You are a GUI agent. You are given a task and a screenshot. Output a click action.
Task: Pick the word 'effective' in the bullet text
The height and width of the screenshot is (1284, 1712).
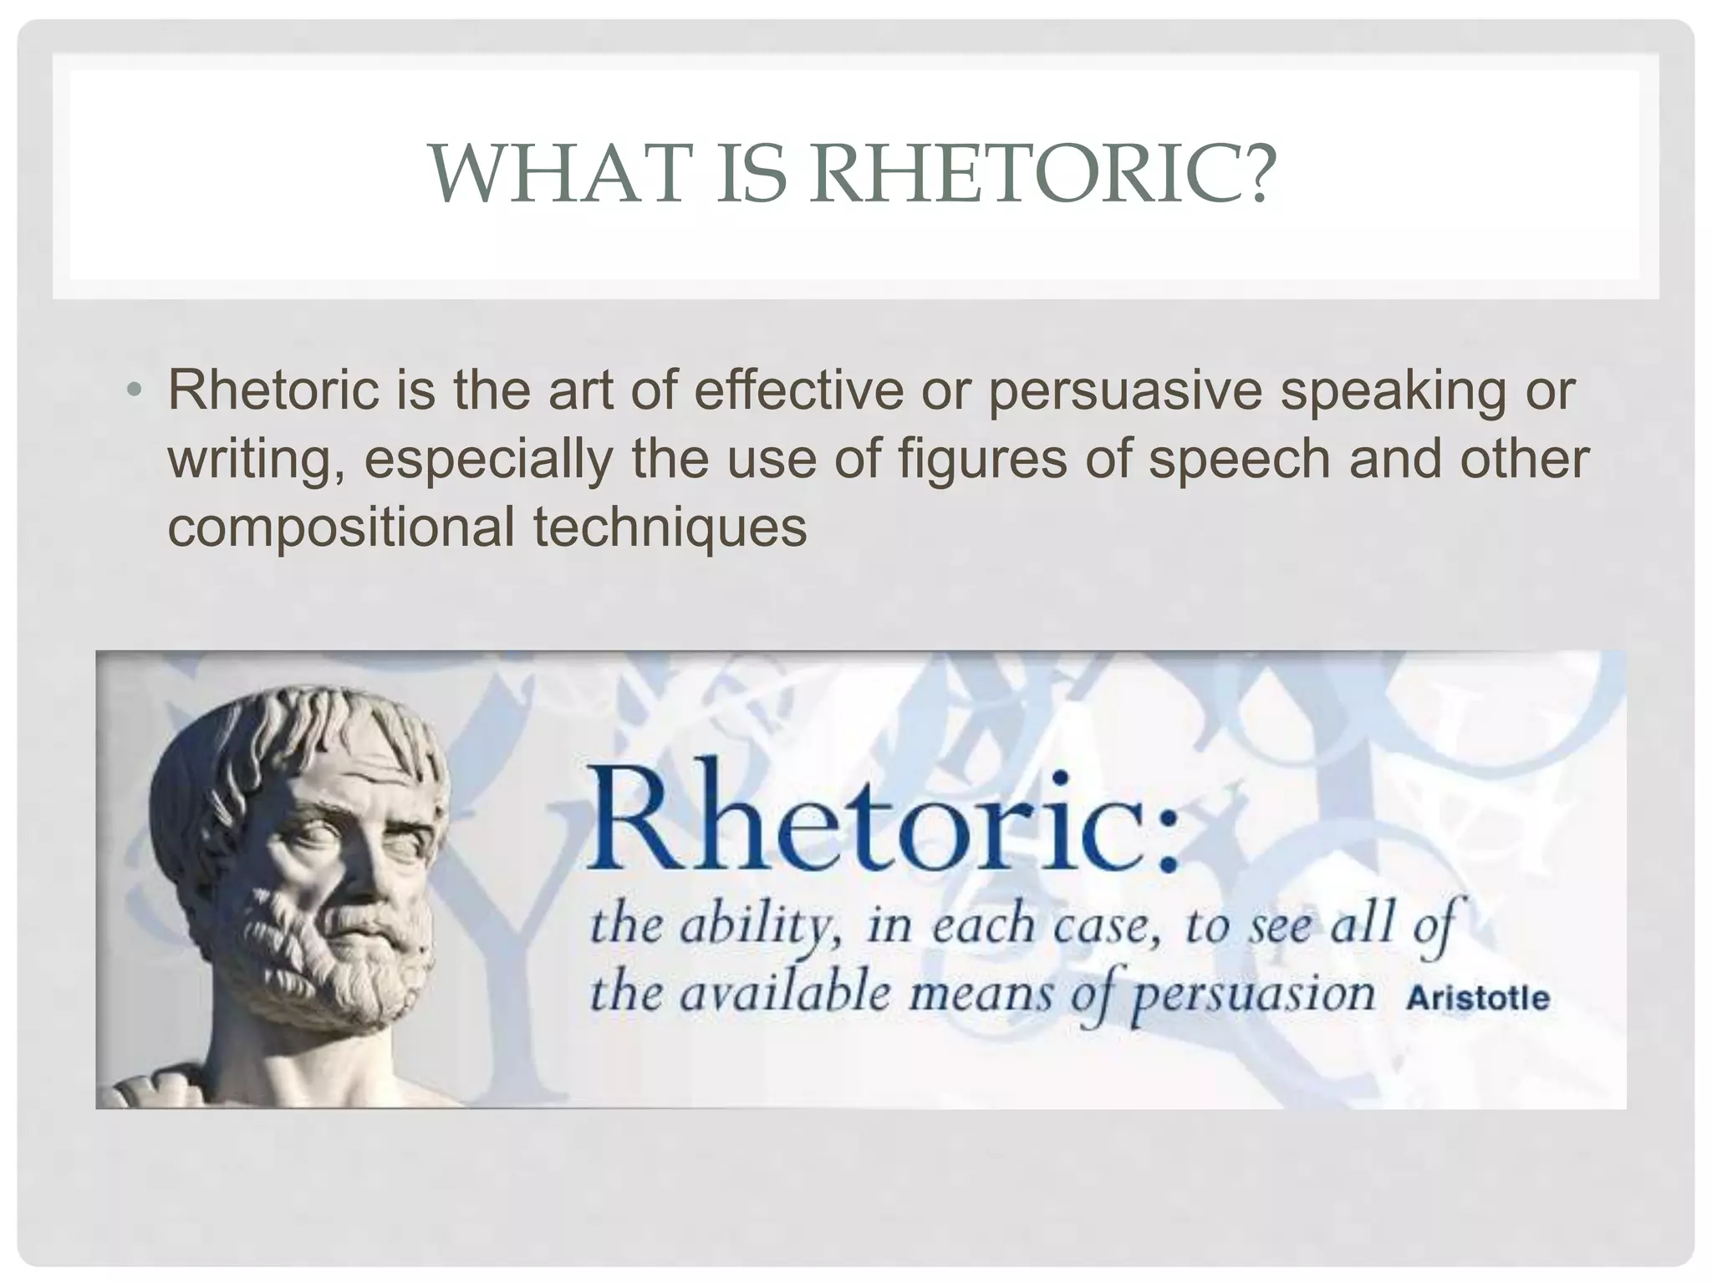point(798,390)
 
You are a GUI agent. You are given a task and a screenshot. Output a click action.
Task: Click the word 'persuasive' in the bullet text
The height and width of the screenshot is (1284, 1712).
point(1124,390)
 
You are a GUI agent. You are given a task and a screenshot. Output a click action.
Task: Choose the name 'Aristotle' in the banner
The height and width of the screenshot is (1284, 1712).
point(1477,999)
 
